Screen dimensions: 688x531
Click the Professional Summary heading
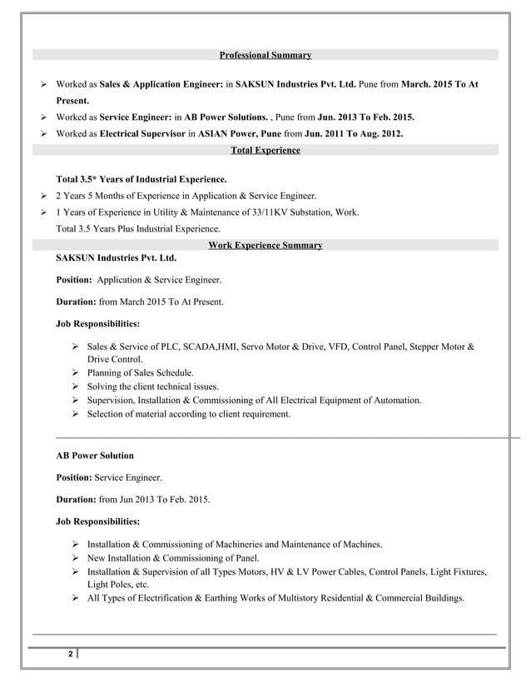(x=265, y=55)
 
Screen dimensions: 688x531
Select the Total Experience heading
(x=265, y=150)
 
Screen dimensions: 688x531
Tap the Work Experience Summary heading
(x=265, y=245)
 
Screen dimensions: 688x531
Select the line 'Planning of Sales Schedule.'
(x=140, y=372)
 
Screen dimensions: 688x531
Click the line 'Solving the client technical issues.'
(x=153, y=386)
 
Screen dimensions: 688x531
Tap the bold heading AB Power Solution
(x=94, y=456)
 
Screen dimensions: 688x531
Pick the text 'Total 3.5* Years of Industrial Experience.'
(x=141, y=179)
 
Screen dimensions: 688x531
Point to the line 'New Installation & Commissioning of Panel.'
(x=173, y=558)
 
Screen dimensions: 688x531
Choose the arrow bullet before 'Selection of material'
(x=76, y=414)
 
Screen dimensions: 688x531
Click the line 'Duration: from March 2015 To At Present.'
(x=139, y=301)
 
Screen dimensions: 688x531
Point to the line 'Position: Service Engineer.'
(x=109, y=478)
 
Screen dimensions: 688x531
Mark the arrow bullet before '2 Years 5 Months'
(x=43, y=196)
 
